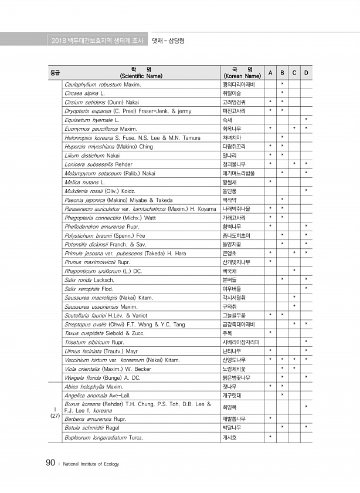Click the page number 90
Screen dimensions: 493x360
coord(50,464)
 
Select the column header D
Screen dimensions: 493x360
coord(307,73)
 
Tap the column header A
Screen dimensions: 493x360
coord(270,73)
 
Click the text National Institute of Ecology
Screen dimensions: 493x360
coord(91,464)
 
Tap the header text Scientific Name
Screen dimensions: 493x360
coord(141,76)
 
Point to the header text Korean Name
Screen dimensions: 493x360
coord(242,76)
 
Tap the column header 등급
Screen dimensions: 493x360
coord(54,73)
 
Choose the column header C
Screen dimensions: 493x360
coord(294,73)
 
